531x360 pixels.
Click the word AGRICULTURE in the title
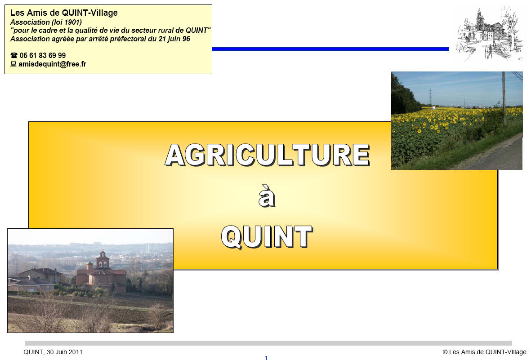click(267, 155)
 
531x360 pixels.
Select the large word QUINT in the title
click(267, 237)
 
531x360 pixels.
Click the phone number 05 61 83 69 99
click(43, 56)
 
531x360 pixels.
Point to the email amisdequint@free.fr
click(53, 64)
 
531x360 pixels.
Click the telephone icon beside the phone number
click(14, 55)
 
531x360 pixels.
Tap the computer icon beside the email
click(13, 64)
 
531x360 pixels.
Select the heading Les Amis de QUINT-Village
click(64, 13)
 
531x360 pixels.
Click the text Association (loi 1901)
click(46, 22)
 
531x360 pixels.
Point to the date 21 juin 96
click(174, 39)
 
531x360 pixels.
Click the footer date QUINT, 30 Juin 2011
click(53, 352)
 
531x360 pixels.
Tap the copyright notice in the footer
click(484, 352)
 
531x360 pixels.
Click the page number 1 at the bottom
click(266, 358)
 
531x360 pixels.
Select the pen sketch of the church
click(489, 33)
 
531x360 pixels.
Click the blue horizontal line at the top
click(330, 49)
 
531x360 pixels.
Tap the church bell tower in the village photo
click(103, 260)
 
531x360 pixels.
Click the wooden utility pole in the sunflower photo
click(504, 98)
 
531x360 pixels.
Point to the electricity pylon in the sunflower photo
click(430, 97)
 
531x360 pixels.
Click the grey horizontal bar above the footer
click(268, 343)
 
